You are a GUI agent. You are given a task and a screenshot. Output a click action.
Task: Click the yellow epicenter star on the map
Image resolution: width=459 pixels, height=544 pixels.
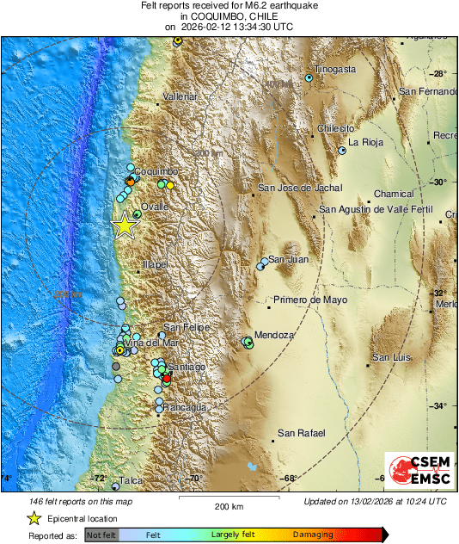point(125,226)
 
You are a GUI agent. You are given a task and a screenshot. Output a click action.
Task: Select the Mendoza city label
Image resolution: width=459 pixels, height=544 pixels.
point(276,335)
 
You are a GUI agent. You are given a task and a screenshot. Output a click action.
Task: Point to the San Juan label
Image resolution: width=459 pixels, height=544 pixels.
point(288,259)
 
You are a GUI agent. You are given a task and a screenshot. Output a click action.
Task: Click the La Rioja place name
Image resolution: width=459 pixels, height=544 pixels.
point(364,142)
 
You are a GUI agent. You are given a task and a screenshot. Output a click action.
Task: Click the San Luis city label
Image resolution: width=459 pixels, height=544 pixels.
point(392,357)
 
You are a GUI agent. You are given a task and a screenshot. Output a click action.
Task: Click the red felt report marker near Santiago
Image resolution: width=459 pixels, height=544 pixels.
point(168,379)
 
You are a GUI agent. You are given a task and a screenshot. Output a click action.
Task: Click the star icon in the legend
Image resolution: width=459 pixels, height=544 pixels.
point(34,518)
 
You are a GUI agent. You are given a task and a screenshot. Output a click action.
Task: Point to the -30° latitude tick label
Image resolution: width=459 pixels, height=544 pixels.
point(438,182)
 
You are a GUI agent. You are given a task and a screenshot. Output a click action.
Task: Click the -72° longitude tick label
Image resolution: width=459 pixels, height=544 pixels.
point(99,479)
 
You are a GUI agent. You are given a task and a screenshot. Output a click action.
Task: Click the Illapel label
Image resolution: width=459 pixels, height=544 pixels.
point(155,264)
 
